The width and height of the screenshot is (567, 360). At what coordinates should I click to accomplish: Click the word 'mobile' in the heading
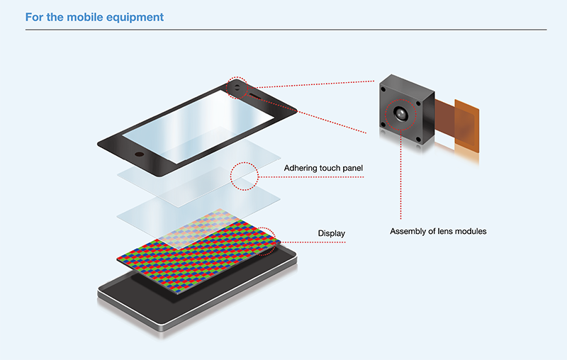point(87,16)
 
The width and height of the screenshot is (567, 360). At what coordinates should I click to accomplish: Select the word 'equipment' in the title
point(141,16)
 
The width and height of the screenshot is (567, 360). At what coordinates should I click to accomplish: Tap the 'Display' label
point(331,232)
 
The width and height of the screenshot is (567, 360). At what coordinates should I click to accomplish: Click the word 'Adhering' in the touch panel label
point(301,168)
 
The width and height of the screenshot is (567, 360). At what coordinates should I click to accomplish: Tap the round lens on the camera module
point(402,114)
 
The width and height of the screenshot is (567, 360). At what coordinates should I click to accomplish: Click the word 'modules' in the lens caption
point(471,231)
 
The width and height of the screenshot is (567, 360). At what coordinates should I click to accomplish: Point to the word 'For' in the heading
point(33,16)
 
